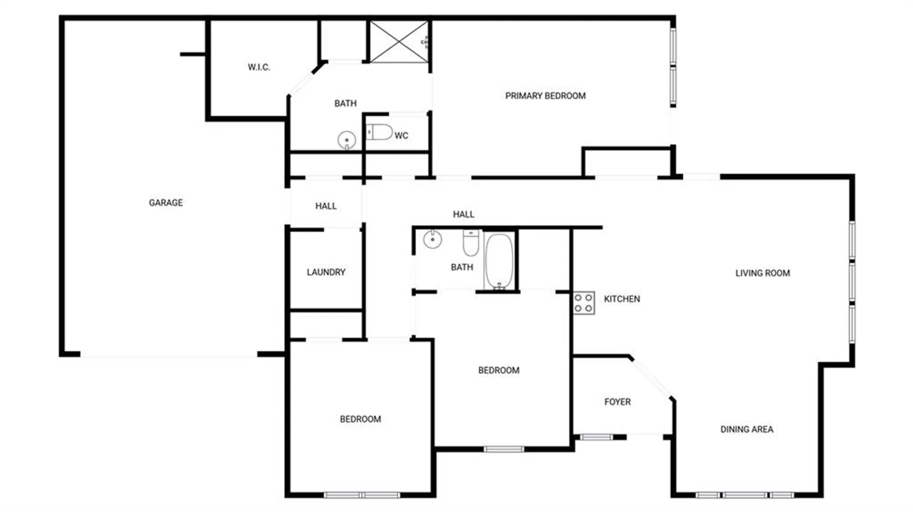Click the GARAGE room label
[166, 202]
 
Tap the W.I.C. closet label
[259, 67]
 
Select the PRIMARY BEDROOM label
[545, 96]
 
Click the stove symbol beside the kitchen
[584, 303]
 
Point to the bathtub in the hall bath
[499, 261]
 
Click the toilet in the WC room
[380, 132]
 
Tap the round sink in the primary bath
[346, 140]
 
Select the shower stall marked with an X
[399, 41]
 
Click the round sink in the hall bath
[432, 239]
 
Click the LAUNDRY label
[326, 272]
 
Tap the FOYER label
[617, 402]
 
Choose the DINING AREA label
[746, 429]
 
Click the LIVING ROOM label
[762, 273]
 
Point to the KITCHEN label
[622, 299]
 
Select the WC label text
[401, 135]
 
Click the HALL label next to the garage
[326, 206]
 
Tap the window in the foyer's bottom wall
[596, 437]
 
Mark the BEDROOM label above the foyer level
[498, 370]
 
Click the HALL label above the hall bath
[463, 214]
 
